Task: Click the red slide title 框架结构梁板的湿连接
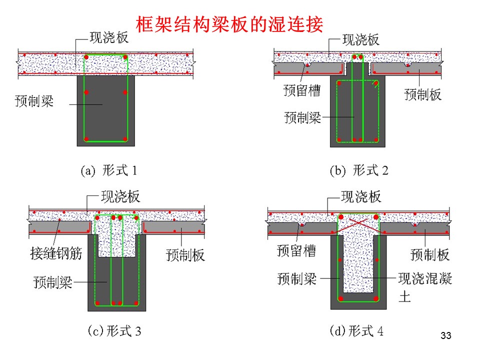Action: pos(229,24)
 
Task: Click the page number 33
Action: pos(446,335)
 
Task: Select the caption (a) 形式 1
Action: pos(108,170)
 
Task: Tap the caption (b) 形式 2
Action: pos(359,170)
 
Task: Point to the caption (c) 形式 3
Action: pos(114,331)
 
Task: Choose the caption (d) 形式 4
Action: pos(356,331)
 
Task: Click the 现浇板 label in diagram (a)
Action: pos(109,37)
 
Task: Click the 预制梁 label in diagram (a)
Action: pos(34,100)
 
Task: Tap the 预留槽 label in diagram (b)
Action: pos(302,90)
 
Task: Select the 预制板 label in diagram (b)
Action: pos(423,94)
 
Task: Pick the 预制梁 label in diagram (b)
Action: pos(303,117)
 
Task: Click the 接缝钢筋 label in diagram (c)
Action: pos(56,253)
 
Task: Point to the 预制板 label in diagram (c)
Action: pos(185,254)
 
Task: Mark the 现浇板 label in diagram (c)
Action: pos(120,196)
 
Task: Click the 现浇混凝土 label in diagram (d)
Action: pos(425,287)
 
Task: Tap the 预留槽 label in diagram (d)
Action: pos(296,250)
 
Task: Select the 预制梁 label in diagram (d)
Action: pos(297,278)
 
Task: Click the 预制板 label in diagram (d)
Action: pos(430,254)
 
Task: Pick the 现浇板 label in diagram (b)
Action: pos(361,40)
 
